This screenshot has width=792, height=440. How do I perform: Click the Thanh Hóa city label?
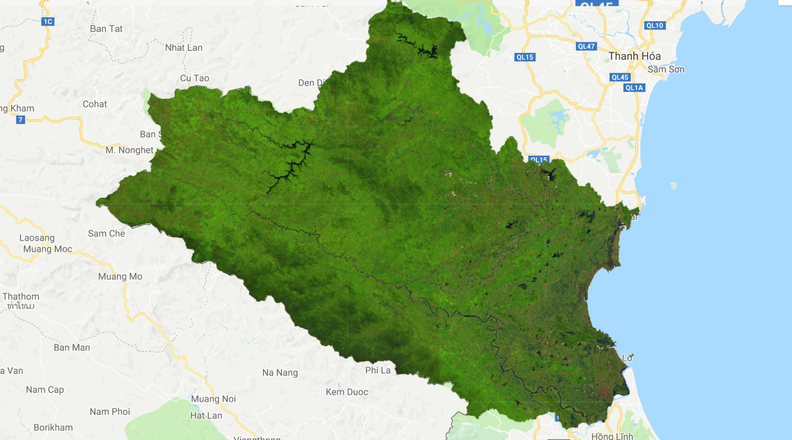coord(635,56)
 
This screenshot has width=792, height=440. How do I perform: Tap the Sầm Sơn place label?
coord(666,70)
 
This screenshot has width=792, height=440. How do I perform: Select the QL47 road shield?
coord(586,46)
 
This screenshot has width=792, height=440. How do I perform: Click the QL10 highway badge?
coord(655,26)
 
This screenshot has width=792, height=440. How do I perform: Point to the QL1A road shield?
coord(634,88)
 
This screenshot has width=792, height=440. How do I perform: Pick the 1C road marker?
coord(48,22)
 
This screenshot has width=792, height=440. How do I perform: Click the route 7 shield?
coord(20,120)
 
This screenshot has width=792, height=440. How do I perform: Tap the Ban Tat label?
coord(106,29)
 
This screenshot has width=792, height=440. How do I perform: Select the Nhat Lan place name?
coord(184,48)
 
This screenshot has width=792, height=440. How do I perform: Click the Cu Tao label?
coord(195,78)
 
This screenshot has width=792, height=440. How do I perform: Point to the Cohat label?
coord(95,104)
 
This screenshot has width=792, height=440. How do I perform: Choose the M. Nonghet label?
coord(130,150)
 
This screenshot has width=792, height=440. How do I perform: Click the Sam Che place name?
coord(107,234)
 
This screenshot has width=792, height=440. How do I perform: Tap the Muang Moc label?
coord(48,249)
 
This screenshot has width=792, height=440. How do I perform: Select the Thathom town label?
coord(21,297)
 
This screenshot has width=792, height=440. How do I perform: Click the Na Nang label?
coord(280,373)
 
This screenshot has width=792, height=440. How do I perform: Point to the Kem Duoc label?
coord(347,392)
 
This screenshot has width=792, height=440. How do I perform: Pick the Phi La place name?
coord(378,370)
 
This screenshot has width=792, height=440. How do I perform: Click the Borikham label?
coord(53,428)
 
